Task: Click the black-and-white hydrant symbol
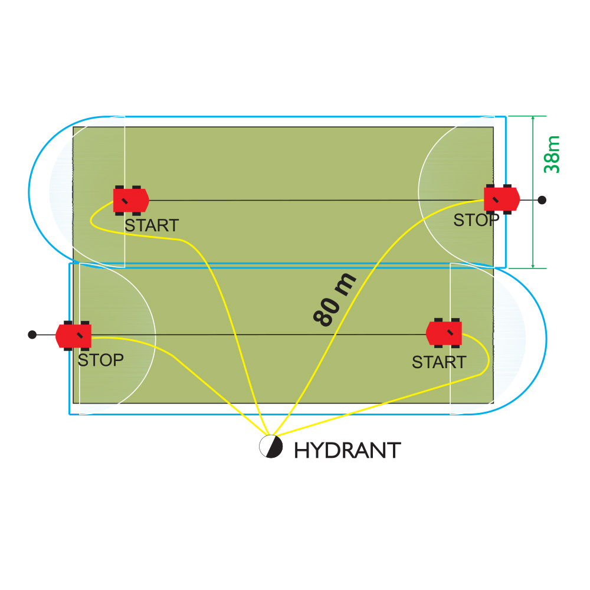click(x=270, y=447)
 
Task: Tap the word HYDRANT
click(x=347, y=451)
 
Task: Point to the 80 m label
click(x=335, y=300)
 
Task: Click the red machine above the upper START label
click(x=130, y=201)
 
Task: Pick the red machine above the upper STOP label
click(x=501, y=199)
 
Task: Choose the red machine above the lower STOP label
click(x=74, y=335)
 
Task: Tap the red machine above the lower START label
click(x=444, y=332)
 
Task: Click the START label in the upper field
click(x=151, y=225)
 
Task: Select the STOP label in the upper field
click(x=476, y=221)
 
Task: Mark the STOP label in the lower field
click(x=101, y=360)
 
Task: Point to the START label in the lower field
click(x=439, y=362)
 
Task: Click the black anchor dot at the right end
click(x=542, y=200)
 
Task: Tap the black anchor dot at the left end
click(x=32, y=335)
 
